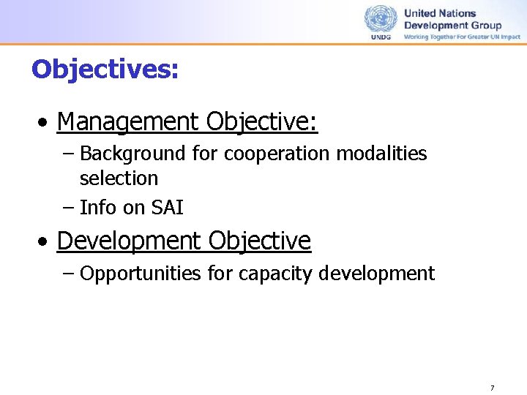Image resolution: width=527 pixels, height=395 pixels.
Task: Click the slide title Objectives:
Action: (105, 69)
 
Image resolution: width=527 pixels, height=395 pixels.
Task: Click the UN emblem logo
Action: (381, 19)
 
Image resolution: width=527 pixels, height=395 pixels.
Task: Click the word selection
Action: (119, 178)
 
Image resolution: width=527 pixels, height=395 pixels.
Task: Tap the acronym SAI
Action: (168, 208)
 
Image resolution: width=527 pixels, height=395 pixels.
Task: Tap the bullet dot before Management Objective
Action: (45, 123)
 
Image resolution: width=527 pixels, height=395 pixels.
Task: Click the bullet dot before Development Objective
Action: (45, 241)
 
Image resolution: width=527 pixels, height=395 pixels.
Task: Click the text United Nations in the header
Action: (440, 13)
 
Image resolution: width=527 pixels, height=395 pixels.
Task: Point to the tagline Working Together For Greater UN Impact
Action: (462, 37)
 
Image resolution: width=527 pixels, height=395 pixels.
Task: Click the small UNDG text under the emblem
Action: (381, 37)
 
